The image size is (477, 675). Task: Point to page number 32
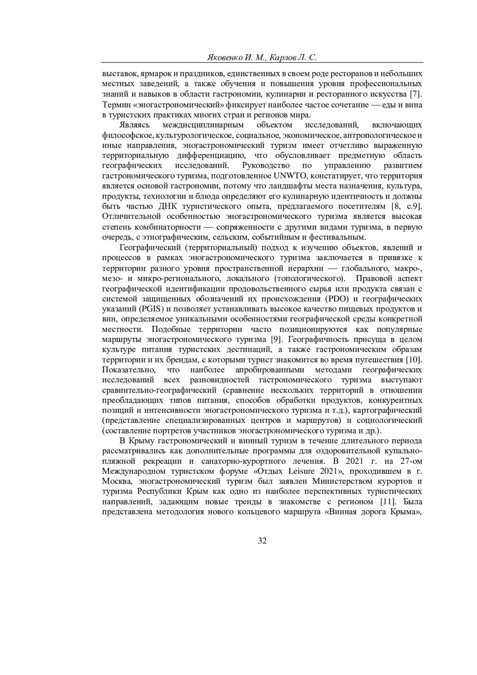[x=262, y=541]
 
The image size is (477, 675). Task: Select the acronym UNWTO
[x=288, y=176]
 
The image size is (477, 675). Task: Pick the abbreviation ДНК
[x=169, y=206]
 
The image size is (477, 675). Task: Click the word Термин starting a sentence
[x=115, y=105]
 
